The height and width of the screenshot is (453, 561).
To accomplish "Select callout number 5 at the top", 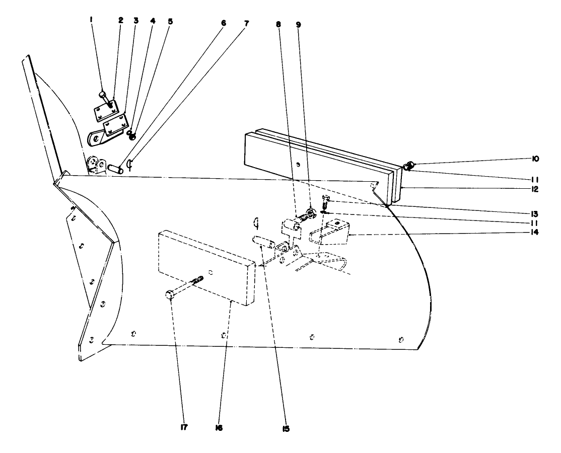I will point(170,22).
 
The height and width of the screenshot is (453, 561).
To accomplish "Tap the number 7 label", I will point(247,23).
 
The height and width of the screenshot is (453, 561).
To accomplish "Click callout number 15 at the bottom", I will point(286,429).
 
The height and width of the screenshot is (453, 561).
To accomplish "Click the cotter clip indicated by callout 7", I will point(129,165).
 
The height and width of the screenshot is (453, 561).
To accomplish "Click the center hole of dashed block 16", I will point(211,272).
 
